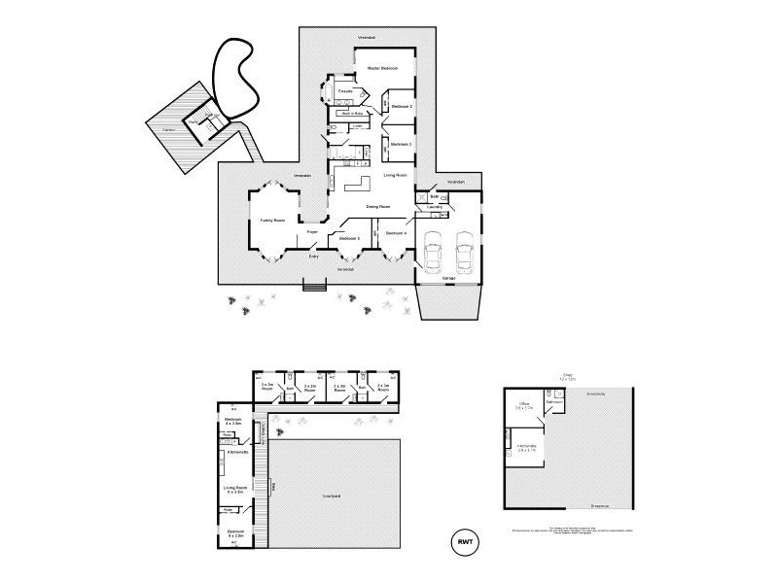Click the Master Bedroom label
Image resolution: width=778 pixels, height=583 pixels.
pos(382,68)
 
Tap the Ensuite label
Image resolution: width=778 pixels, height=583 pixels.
pos(345,91)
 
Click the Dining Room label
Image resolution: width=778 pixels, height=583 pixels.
pos(378,207)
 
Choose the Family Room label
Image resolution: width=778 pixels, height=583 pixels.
pos(271,221)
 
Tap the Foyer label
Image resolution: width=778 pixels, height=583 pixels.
pos(313,232)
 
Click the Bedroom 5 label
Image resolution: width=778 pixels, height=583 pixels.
pos(350,237)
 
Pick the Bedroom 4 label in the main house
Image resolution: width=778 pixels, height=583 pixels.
pos(395,234)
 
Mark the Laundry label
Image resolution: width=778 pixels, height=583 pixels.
pos(435,207)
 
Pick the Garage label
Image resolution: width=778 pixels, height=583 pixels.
pos(448,279)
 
